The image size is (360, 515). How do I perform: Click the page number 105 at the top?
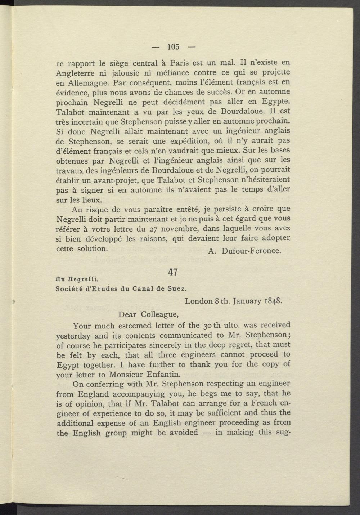173,46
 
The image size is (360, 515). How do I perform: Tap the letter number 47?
173,272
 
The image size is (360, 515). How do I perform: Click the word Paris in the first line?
180,63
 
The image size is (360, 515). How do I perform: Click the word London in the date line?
198,301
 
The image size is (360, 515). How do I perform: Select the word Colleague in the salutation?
160,314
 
